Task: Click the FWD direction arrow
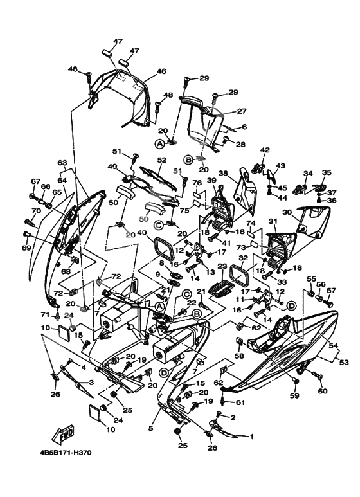[64, 434]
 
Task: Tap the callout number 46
[161, 71]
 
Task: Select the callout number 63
[62, 163]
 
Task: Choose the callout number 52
[161, 160]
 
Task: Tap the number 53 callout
[343, 361]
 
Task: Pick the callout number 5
[151, 429]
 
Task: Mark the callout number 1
[251, 437]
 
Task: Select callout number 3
[91, 383]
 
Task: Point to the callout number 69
[26, 248]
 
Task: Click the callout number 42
[265, 150]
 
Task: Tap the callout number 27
[242, 111]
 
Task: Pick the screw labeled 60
[317, 375]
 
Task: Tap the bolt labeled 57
[328, 303]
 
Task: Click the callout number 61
[241, 402]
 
